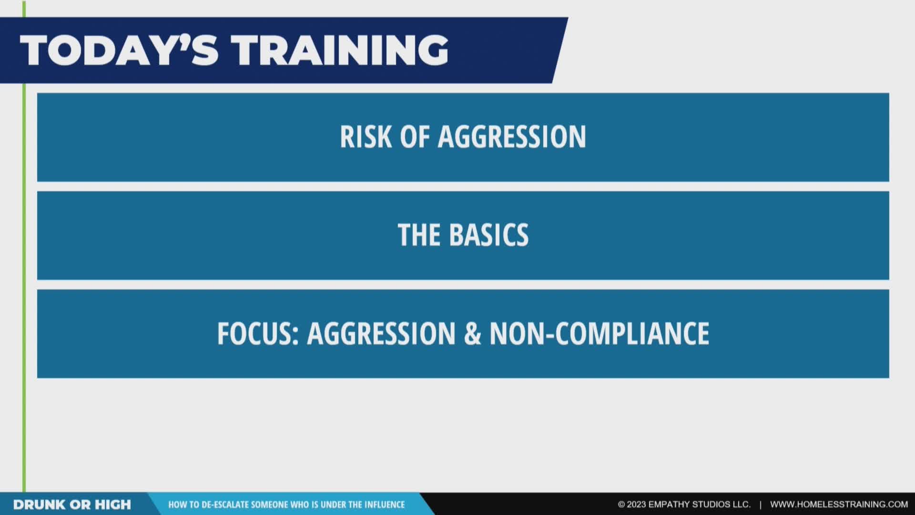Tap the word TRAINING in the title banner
(342, 50)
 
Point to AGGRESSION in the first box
(512, 137)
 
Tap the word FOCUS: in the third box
(258, 333)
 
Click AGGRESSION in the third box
(381, 333)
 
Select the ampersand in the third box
(472, 333)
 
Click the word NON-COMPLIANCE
(600, 333)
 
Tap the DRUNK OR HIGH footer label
(72, 505)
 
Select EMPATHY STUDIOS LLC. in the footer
(700, 505)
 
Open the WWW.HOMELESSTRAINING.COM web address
(839, 505)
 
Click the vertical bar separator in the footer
(760, 505)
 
